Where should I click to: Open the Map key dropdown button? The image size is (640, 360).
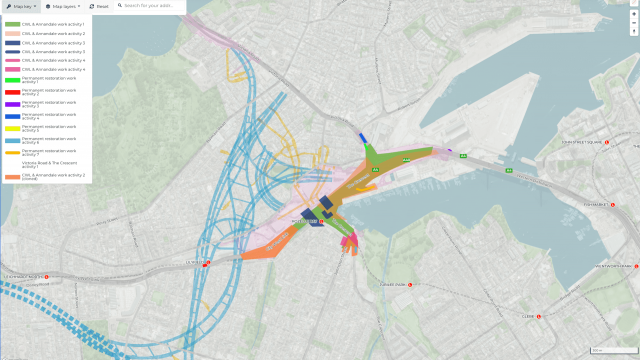[x=21, y=6]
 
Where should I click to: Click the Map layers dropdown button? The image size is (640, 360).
[x=62, y=6]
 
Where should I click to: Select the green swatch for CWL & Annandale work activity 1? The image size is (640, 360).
[x=11, y=23]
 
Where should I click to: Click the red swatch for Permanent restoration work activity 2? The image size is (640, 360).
[x=11, y=92]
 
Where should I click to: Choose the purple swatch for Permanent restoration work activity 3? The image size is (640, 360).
[x=11, y=104]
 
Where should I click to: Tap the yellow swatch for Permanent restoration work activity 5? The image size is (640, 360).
[x=11, y=128]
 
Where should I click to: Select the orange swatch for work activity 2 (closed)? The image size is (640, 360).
[x=11, y=177]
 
